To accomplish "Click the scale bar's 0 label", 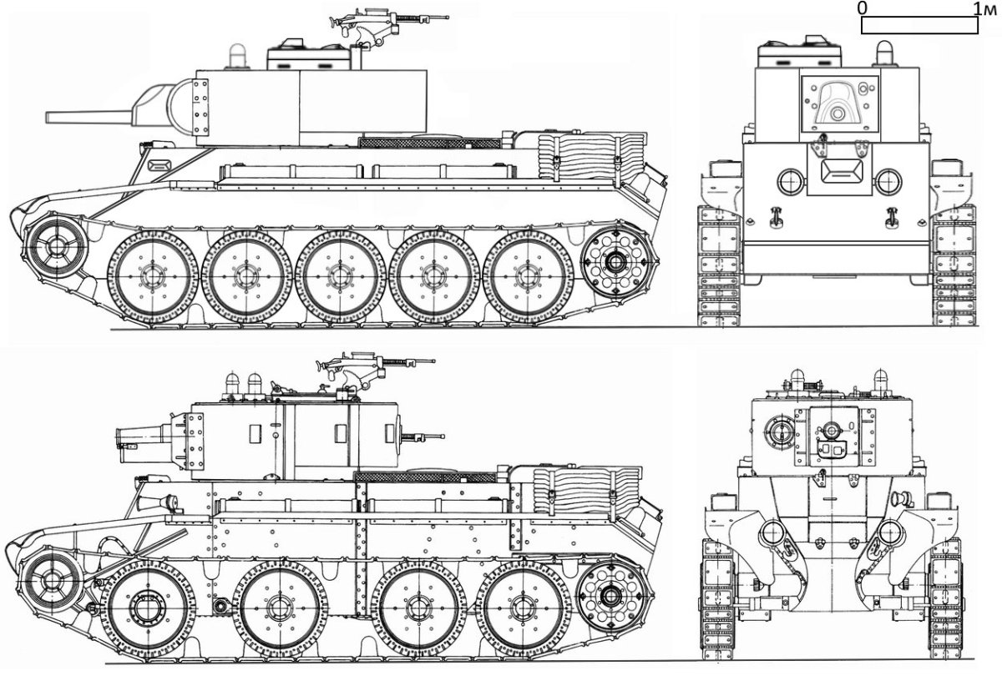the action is [x=862, y=8].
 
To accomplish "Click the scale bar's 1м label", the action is [x=984, y=8].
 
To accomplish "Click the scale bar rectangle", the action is [x=919, y=24].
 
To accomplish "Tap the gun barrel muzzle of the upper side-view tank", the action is [x=48, y=117].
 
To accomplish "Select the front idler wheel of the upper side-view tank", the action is [x=57, y=245].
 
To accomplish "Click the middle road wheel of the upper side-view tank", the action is [x=341, y=276].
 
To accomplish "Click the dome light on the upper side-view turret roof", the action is [x=237, y=57].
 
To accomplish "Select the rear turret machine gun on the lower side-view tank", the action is [x=422, y=438].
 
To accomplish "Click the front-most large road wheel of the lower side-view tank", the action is [x=148, y=609].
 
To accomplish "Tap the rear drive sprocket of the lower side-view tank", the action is [x=611, y=595].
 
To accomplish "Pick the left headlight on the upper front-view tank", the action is [x=791, y=182].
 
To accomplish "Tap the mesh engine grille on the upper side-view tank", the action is [x=429, y=143].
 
